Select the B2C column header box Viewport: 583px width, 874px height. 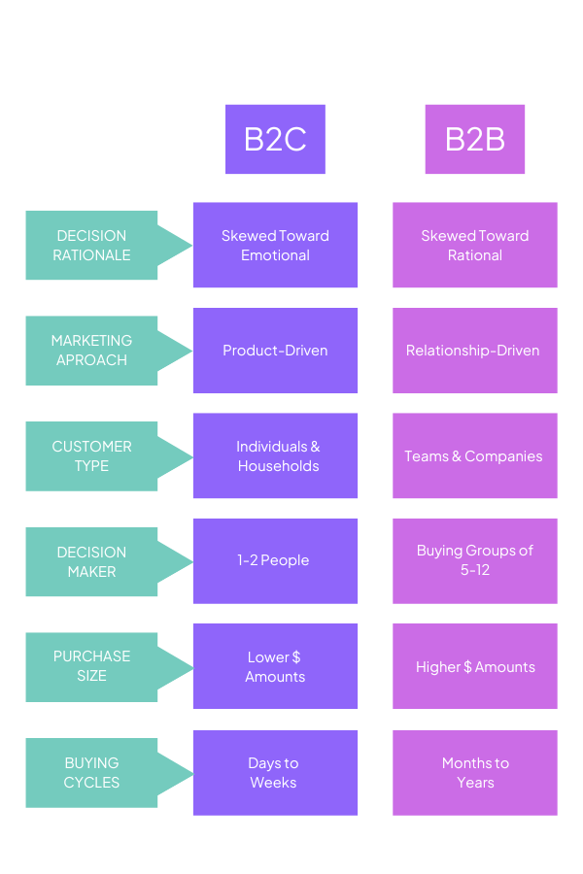point(275,139)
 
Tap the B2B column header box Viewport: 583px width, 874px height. point(475,139)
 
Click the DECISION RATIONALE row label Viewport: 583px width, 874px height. point(92,246)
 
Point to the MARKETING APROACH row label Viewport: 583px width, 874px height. point(92,351)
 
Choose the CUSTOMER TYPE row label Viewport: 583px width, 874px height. point(92,456)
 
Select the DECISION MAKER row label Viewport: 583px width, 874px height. point(92,561)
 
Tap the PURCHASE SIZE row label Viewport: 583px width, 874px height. point(92,666)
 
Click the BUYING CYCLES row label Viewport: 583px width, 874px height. point(92,773)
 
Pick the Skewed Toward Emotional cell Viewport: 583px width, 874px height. point(275,246)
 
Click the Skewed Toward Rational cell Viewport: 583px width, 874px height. point(475,246)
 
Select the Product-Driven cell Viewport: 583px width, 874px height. point(275,351)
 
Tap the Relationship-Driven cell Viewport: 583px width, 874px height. point(475,351)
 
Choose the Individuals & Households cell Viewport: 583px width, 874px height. point(275,456)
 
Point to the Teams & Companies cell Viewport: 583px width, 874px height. point(475,456)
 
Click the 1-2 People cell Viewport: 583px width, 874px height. point(275,560)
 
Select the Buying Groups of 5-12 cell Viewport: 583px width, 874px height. point(475,560)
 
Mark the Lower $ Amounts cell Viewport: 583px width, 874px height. point(275,666)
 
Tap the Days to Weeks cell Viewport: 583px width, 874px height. point(275,773)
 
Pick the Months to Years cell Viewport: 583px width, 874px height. point(475,773)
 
